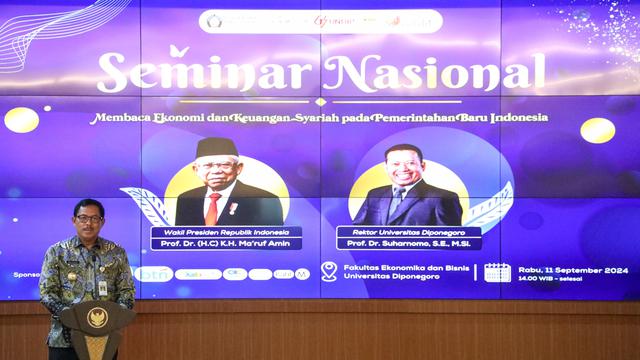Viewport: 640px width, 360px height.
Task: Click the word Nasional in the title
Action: point(434,73)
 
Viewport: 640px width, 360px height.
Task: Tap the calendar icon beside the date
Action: point(497,272)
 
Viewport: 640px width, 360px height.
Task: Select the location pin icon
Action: point(329,271)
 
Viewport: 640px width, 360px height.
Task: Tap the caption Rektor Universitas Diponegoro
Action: point(407,231)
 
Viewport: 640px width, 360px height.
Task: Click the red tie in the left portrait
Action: point(212,207)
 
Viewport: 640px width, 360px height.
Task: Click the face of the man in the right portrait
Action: point(406,170)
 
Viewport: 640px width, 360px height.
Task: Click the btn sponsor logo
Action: point(156,274)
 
